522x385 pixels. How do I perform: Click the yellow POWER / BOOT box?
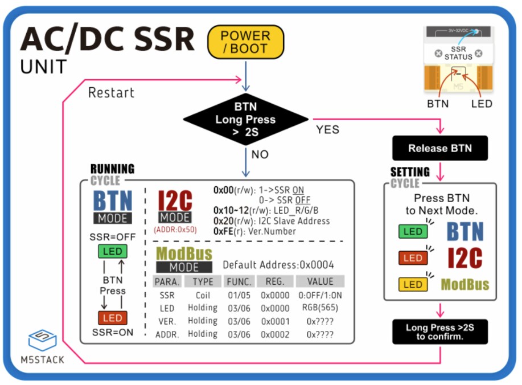click(245, 42)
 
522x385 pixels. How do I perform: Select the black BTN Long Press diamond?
click(245, 120)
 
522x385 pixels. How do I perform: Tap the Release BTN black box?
click(439, 149)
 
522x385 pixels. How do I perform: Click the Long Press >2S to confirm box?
click(439, 331)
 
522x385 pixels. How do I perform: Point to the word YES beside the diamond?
click(327, 130)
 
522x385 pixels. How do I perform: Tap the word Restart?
click(111, 92)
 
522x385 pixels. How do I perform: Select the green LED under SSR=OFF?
click(113, 252)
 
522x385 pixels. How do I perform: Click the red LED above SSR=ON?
click(113, 318)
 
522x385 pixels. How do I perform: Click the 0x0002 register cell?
click(276, 334)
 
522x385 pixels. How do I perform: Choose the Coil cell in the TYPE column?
click(202, 295)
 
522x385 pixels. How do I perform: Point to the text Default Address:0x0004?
click(278, 265)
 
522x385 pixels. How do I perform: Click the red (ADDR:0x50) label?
click(175, 230)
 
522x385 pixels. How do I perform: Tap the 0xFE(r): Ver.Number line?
click(254, 231)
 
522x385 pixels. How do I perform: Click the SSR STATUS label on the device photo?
click(458, 53)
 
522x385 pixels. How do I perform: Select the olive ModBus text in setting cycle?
click(465, 284)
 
